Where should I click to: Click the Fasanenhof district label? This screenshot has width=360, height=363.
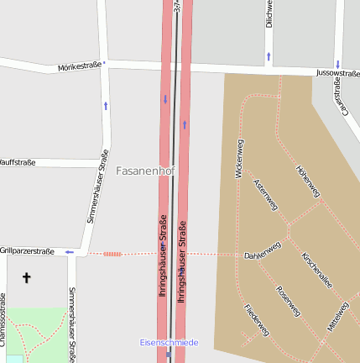[x=145, y=171]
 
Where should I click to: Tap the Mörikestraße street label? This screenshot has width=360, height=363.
[x=80, y=66]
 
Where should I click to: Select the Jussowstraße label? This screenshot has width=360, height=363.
[x=337, y=74]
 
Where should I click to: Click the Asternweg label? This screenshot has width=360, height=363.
[x=265, y=195]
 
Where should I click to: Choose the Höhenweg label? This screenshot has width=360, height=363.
[x=308, y=181]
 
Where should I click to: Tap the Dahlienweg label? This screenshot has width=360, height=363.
[x=262, y=251]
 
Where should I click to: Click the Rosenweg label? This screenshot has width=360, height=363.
[x=288, y=302]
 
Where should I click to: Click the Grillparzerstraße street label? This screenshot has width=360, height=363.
[x=27, y=250]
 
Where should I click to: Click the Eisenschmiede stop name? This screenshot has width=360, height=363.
[x=169, y=343]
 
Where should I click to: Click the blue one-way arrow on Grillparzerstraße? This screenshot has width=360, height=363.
[x=70, y=251]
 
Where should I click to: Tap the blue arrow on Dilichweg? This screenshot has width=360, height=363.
[x=269, y=56]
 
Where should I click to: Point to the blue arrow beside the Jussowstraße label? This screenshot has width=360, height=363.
[x=337, y=64]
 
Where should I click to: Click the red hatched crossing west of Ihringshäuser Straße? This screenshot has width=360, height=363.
[x=112, y=253]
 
